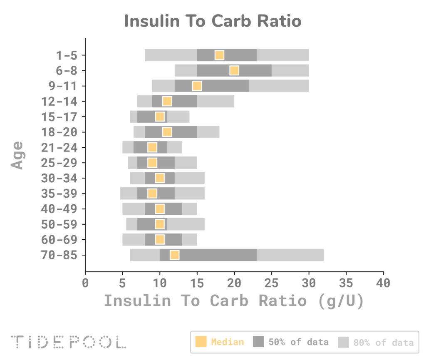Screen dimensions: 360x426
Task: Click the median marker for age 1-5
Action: pos(219,55)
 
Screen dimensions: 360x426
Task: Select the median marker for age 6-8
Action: pos(234,71)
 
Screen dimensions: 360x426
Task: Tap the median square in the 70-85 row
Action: pos(174,255)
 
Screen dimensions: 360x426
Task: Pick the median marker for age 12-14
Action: pos(167,102)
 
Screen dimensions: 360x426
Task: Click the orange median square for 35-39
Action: pos(152,194)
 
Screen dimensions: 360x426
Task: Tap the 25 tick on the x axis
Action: pos(271,283)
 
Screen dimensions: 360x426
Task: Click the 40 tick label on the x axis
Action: pos(383,283)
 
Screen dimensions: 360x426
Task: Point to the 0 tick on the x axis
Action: pos(85,283)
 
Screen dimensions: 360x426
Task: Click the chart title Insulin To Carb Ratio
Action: pos(213,21)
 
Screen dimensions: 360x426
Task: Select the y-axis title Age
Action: pos(17,155)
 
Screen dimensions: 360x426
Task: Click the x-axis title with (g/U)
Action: pos(234,301)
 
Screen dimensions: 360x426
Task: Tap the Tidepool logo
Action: pos(69,342)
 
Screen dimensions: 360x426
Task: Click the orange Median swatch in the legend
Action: pos(201,342)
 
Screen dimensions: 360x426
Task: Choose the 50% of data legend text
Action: pos(298,342)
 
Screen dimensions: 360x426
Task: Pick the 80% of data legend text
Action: pos(383,342)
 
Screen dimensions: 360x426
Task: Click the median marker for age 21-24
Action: pos(152,147)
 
